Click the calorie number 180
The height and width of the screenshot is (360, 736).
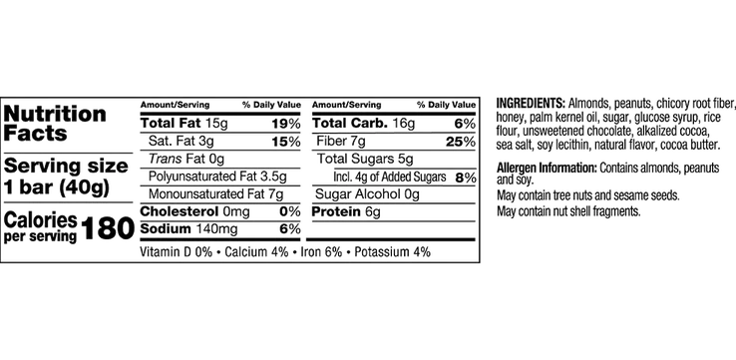108,229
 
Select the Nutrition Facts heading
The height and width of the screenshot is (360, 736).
55,124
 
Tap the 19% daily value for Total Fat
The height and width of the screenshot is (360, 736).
286,124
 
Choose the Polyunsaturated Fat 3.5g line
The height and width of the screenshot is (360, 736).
217,177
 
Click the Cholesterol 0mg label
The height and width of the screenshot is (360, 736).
194,211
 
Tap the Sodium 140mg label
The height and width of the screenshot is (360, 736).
188,229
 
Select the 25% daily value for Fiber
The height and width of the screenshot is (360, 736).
461,142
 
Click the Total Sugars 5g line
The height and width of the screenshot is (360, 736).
365,160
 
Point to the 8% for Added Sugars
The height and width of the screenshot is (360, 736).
465,178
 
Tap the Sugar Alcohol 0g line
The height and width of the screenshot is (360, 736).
367,194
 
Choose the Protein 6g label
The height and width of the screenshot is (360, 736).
346,211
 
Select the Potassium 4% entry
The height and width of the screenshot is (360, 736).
392,252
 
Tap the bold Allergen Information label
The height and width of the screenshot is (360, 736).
547,168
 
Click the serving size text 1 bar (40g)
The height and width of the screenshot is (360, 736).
56,188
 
